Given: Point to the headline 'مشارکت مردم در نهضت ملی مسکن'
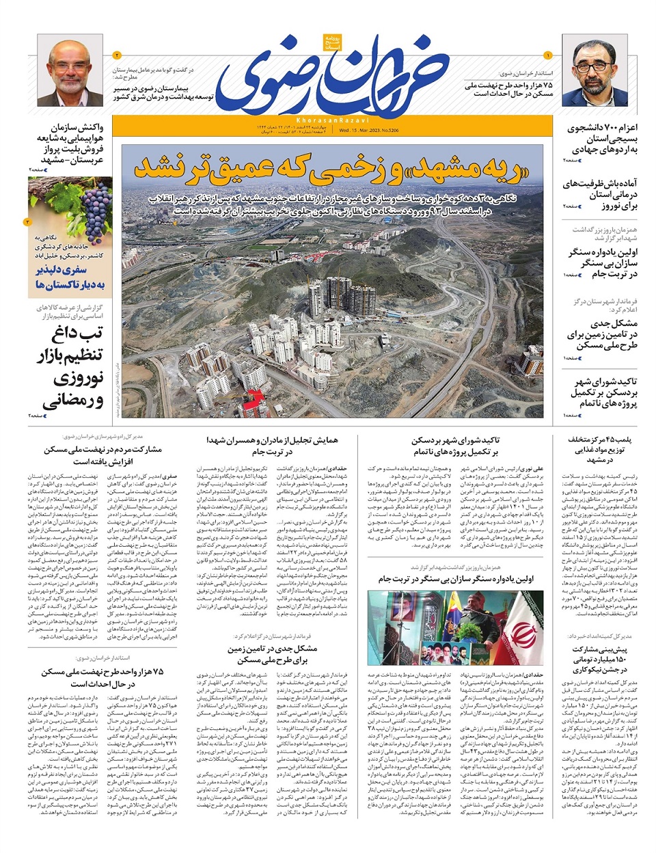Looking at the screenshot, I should [103, 455].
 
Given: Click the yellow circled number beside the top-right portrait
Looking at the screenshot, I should [547, 55].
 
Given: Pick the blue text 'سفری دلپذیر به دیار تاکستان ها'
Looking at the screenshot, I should [70, 276].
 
